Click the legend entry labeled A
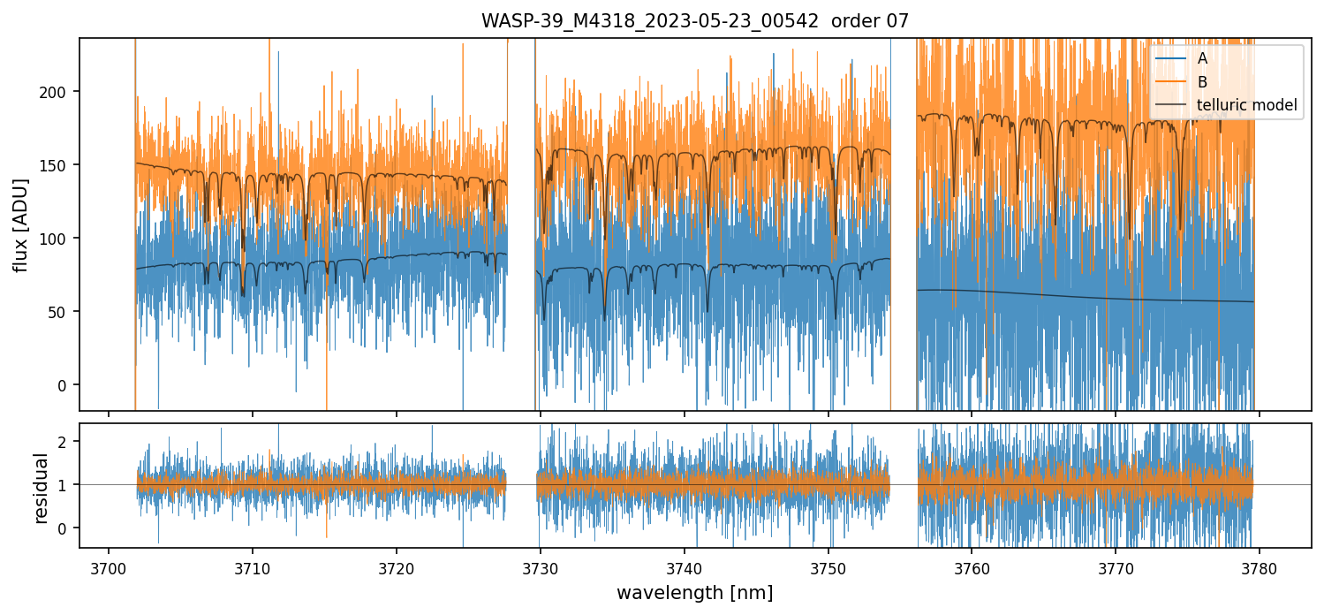(x=1202, y=59)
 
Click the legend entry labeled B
(x=1202, y=82)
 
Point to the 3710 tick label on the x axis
(x=252, y=566)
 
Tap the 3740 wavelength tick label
(x=684, y=566)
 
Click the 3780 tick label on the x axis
(x=1259, y=566)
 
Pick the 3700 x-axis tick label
(x=109, y=566)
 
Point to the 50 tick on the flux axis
(x=62, y=312)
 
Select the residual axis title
(x=41, y=487)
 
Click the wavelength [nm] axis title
(x=694, y=593)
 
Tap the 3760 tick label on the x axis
(x=972, y=566)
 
